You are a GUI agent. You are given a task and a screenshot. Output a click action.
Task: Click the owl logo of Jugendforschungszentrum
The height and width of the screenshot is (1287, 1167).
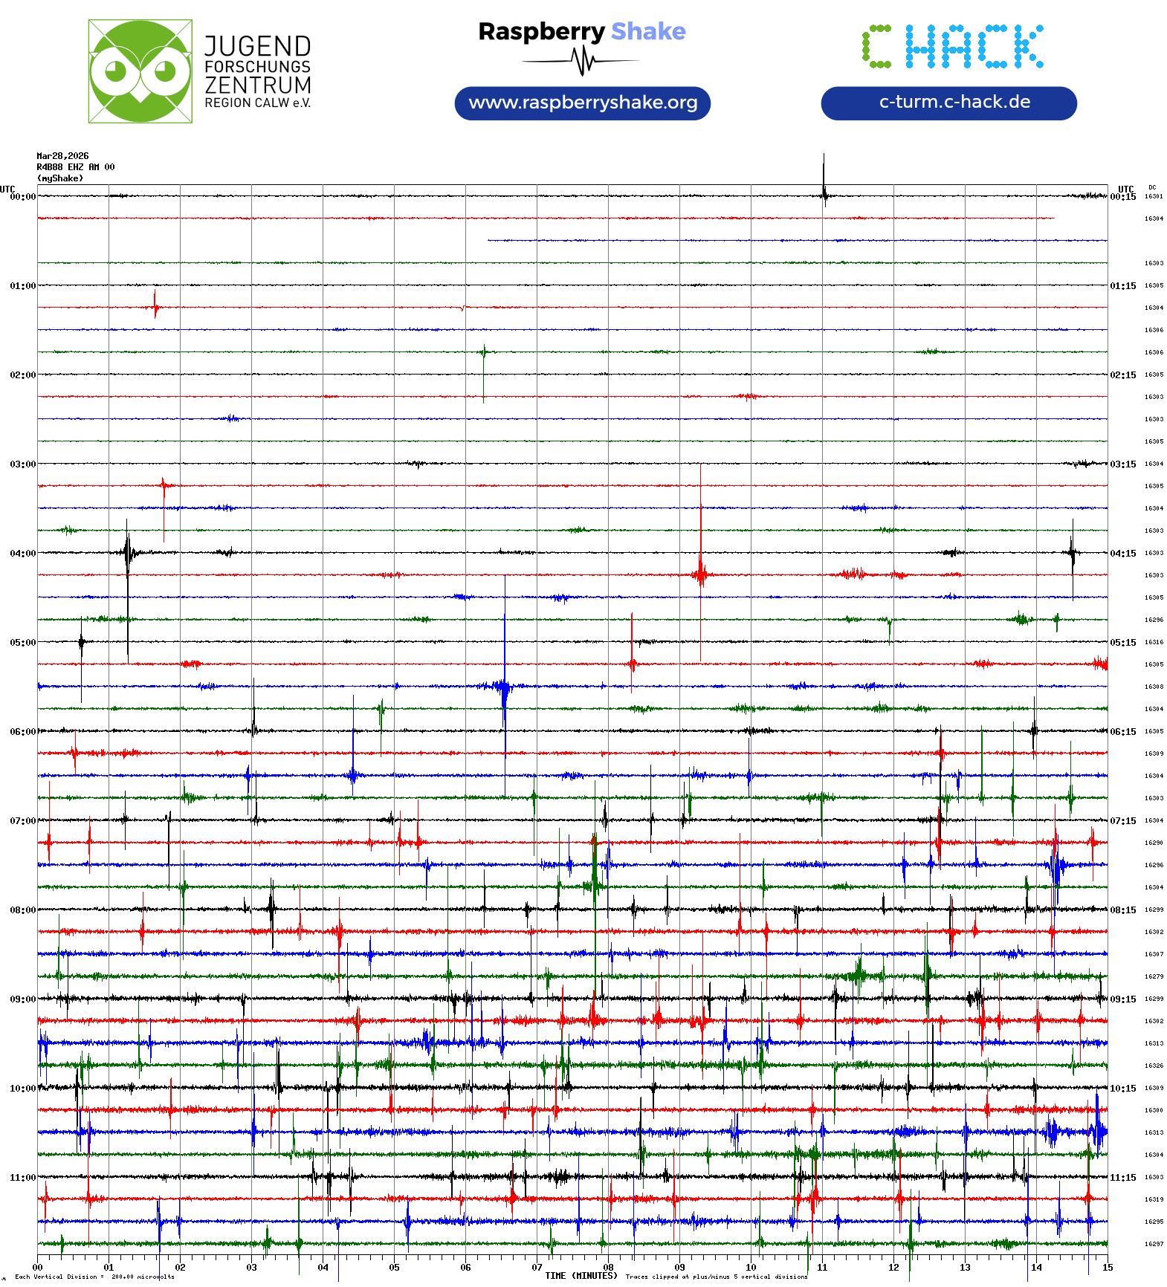[140, 71]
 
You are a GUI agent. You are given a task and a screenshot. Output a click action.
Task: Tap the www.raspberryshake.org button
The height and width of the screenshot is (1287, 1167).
[582, 103]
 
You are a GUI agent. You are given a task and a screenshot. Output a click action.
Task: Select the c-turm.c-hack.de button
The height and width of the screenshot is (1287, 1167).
[948, 103]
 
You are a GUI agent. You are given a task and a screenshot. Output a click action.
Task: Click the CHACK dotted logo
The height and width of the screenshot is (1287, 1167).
[952, 47]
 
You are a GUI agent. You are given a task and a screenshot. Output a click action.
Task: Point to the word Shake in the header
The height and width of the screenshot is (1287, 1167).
[648, 31]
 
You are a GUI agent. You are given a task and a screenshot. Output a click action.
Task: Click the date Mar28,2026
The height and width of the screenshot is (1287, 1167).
[62, 156]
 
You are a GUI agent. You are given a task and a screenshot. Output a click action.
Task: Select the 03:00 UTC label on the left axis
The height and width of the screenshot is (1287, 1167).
[22, 464]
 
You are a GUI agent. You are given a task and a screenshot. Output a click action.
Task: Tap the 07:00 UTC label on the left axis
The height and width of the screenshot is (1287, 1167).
[22, 821]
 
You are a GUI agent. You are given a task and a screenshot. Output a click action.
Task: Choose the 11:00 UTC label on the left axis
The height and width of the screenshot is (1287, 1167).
[22, 1178]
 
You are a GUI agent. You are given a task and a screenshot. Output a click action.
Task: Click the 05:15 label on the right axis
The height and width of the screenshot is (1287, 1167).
[1123, 643]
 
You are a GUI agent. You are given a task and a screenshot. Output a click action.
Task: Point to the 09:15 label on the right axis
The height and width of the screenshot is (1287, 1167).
[1123, 999]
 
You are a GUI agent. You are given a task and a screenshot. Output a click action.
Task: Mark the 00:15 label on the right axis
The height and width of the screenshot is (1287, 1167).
[1123, 197]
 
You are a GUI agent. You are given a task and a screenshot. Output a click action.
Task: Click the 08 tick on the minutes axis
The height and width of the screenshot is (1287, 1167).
[608, 1268]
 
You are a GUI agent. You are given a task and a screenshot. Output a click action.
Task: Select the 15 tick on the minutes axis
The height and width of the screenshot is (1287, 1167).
[1108, 1268]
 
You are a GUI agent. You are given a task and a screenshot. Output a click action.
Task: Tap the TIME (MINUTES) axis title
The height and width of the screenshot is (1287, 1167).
[581, 1276]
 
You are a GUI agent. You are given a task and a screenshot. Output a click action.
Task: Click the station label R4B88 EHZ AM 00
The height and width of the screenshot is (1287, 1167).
[75, 167]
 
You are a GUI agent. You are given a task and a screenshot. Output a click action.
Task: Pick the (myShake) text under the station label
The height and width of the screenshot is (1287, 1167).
[60, 178]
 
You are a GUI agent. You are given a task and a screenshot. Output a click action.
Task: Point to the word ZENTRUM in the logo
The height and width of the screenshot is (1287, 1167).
[257, 85]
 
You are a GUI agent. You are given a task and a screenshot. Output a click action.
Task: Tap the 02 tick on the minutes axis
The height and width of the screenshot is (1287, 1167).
[180, 1268]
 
